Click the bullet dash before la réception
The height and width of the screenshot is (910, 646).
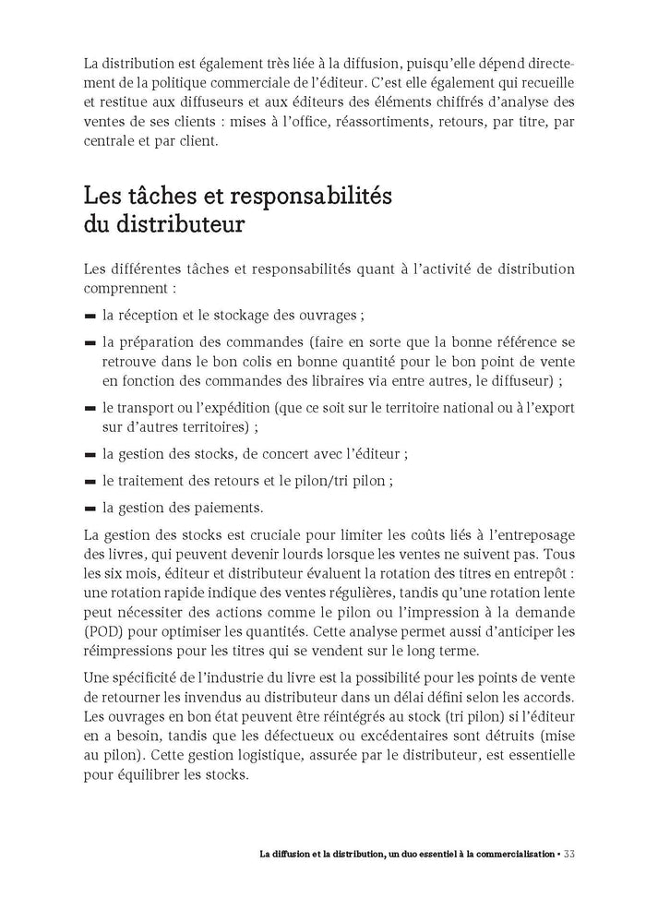click(x=90, y=316)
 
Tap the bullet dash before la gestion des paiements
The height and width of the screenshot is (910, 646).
click(x=90, y=508)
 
